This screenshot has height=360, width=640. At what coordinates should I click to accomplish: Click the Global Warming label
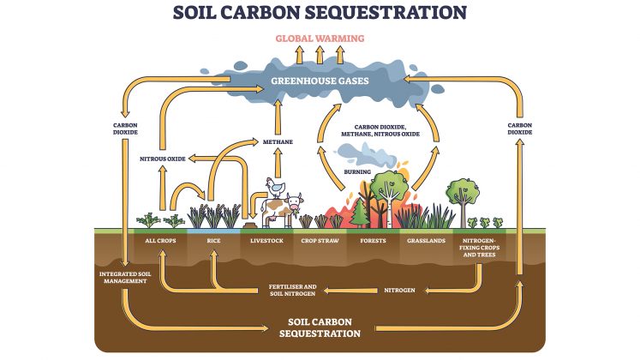(320, 39)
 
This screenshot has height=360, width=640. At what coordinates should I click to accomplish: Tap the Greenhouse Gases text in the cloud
(320, 81)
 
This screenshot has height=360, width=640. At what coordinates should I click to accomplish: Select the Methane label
(278, 141)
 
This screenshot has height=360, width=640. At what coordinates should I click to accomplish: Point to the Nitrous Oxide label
(163, 159)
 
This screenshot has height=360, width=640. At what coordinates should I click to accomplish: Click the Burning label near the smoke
(357, 171)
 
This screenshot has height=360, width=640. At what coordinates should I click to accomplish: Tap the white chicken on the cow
(276, 188)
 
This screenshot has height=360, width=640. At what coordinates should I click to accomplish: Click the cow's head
(295, 201)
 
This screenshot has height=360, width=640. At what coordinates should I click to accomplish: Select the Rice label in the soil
(213, 241)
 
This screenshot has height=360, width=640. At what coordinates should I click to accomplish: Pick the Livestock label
(266, 241)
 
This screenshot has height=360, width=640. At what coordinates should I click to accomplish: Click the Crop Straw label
(320, 241)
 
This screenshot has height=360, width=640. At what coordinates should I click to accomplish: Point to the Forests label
(373, 241)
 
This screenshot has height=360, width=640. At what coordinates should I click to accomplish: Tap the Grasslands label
(426, 241)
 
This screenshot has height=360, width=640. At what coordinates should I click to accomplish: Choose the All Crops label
(160, 241)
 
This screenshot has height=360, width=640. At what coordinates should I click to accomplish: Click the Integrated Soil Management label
(125, 278)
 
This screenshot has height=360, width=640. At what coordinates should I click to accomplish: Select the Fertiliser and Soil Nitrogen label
(292, 291)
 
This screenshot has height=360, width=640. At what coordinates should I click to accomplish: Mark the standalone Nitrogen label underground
(399, 291)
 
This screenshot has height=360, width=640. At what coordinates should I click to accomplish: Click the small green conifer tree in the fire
(360, 213)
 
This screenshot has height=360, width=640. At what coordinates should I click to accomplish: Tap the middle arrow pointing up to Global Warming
(320, 55)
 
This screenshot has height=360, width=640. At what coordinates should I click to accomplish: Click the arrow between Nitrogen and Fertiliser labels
(350, 291)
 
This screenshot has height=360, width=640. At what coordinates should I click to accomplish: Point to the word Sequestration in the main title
(386, 12)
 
